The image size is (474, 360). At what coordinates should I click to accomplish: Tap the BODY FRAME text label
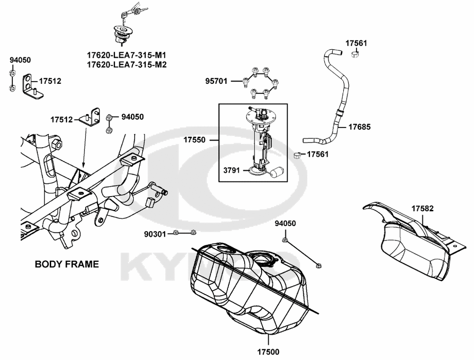click(x=67, y=264)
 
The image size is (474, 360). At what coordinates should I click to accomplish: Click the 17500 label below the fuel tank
click(x=268, y=351)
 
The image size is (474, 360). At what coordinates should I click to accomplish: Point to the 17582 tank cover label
click(x=422, y=208)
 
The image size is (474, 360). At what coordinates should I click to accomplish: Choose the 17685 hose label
click(x=360, y=127)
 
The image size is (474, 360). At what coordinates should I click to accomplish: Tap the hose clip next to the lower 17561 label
click(x=297, y=155)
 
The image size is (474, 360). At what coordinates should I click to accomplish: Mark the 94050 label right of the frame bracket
click(x=133, y=117)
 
